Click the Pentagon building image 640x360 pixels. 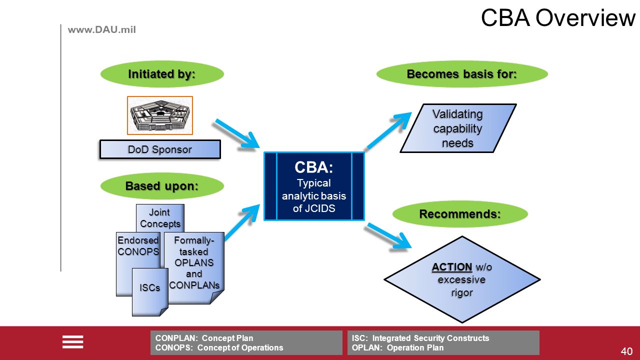[x=160, y=115]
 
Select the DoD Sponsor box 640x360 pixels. [x=160, y=149]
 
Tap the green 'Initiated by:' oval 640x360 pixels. [x=162, y=74]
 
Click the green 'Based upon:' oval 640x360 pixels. [x=162, y=186]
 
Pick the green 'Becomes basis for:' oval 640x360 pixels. [x=462, y=74]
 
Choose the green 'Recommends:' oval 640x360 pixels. [x=460, y=214]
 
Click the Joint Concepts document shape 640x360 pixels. [x=160, y=217]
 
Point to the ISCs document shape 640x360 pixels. [x=150, y=292]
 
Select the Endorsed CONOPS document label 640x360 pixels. [x=138, y=245]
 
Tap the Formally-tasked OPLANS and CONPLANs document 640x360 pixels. [x=194, y=267]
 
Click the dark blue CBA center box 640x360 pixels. [x=314, y=186]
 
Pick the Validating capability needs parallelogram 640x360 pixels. [x=458, y=128]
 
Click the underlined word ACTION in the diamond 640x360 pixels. [x=451, y=267]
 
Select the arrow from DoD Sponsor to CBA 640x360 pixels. [x=237, y=133]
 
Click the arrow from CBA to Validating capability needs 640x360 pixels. [x=389, y=130]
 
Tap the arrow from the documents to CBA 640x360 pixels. [x=242, y=222]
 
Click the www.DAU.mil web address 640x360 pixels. [x=101, y=29]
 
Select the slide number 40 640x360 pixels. [x=626, y=351]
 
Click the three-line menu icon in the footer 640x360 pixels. [x=73, y=342]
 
